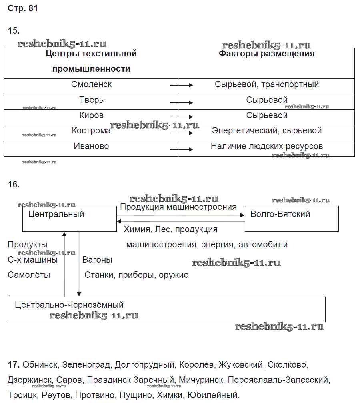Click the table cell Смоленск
tap(92, 85)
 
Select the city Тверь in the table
tap(92, 100)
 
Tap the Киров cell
tap(92, 115)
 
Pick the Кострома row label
tap(92, 131)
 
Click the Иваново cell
tap(92, 146)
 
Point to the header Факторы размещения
tap(267, 54)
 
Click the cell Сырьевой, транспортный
tap(267, 85)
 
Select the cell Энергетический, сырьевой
tap(267, 131)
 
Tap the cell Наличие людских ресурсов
tap(267, 146)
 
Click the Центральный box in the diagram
tap(56, 215)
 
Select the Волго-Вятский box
tap(280, 214)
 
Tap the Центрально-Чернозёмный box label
tap(69, 305)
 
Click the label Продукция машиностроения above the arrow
tap(178, 207)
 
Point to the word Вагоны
tap(97, 260)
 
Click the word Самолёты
tap(29, 275)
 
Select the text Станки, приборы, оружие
tap(136, 275)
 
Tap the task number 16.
tap(14, 185)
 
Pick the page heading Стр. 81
tap(23, 8)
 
